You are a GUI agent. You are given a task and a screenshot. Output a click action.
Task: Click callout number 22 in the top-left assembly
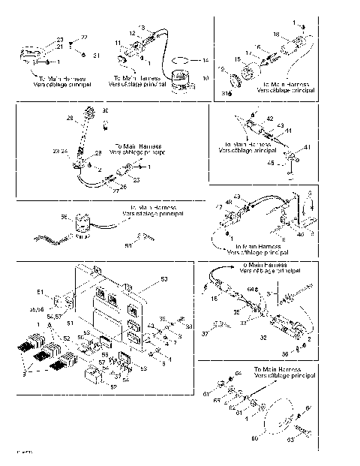click(84, 37)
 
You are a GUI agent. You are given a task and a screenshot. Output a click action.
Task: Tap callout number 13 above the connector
click(142, 28)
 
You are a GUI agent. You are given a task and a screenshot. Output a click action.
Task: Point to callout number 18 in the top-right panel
click(296, 35)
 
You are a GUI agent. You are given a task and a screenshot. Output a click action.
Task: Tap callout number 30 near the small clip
click(105, 111)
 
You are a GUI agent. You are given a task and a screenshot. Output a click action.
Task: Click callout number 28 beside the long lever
click(70, 119)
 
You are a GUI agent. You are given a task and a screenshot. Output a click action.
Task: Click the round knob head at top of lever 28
click(93, 115)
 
